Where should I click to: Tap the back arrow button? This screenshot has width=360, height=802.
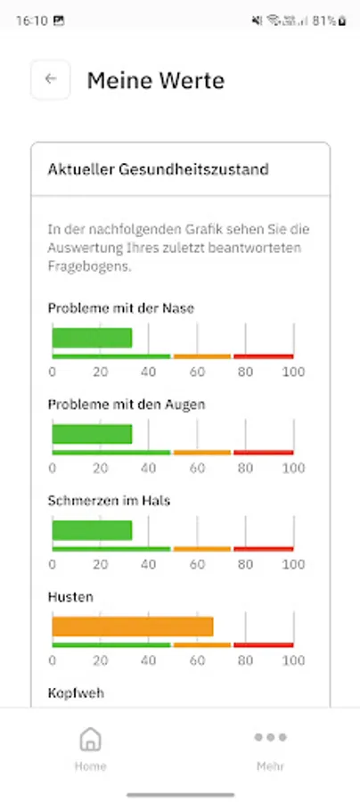click(50, 79)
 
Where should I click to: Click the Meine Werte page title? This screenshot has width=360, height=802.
click(155, 81)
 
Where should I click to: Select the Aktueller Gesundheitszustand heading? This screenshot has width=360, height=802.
click(159, 169)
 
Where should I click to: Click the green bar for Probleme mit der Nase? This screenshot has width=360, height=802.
click(92, 338)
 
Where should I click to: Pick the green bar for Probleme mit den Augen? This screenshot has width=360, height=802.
click(92, 434)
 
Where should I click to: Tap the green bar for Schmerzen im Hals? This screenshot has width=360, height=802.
click(92, 530)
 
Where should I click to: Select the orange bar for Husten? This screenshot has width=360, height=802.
click(133, 626)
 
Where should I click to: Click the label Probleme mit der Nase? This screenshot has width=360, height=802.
click(121, 308)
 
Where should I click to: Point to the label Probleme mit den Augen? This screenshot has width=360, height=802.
click(127, 405)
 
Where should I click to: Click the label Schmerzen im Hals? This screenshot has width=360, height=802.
click(109, 501)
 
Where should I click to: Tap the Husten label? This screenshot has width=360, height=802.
click(70, 597)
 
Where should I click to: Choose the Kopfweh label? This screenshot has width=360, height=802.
click(76, 692)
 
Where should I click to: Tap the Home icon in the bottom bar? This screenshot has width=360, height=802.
click(90, 740)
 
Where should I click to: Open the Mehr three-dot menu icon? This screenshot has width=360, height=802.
click(270, 738)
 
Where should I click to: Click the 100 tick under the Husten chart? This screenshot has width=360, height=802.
click(293, 661)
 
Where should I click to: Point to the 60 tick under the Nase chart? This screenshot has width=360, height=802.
click(197, 372)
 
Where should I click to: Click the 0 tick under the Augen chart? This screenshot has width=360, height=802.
click(53, 469)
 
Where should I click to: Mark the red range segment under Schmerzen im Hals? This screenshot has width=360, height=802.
click(264, 549)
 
